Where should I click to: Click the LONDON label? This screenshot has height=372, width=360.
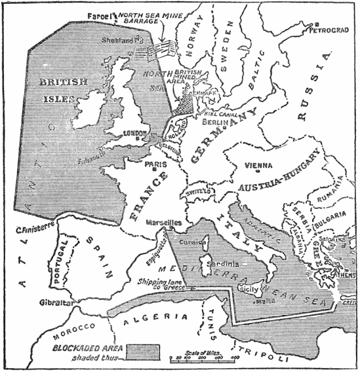point(134,133)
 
